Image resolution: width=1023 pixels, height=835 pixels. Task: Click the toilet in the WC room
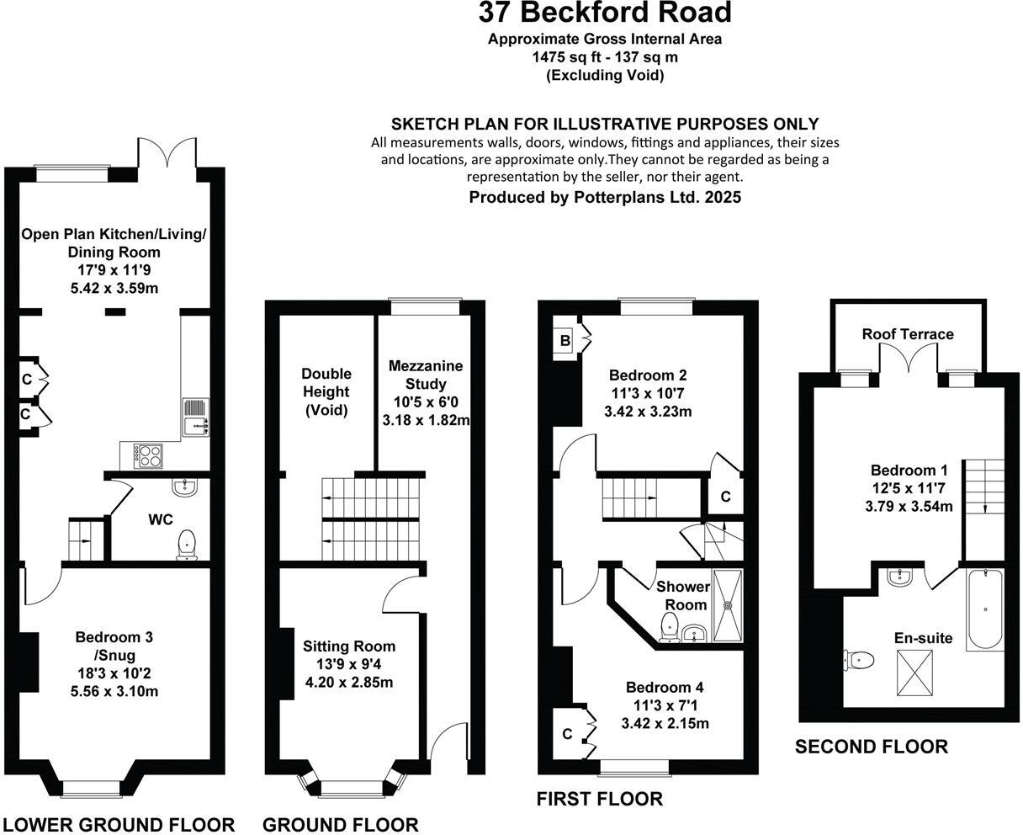coord(187,545)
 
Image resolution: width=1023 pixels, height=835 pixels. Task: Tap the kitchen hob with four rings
coord(149,456)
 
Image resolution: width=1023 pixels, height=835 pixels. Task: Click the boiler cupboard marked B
coord(565,341)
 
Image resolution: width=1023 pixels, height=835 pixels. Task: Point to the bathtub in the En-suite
coord(985,609)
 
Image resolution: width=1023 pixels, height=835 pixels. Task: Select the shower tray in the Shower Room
coord(729,603)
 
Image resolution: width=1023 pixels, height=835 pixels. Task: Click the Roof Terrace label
coord(908,334)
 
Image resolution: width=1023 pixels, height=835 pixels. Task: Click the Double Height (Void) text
coord(326,391)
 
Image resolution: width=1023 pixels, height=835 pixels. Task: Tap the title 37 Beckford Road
coord(605,13)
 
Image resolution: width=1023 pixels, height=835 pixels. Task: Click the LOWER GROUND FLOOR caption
coord(119,824)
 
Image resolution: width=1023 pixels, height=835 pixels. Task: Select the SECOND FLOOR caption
coord(872,746)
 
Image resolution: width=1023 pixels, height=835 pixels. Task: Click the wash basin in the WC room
coord(185,487)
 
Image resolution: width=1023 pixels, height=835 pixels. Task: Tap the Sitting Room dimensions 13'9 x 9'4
coord(348,663)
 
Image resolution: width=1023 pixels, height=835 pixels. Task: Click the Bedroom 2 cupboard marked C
coord(725,497)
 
